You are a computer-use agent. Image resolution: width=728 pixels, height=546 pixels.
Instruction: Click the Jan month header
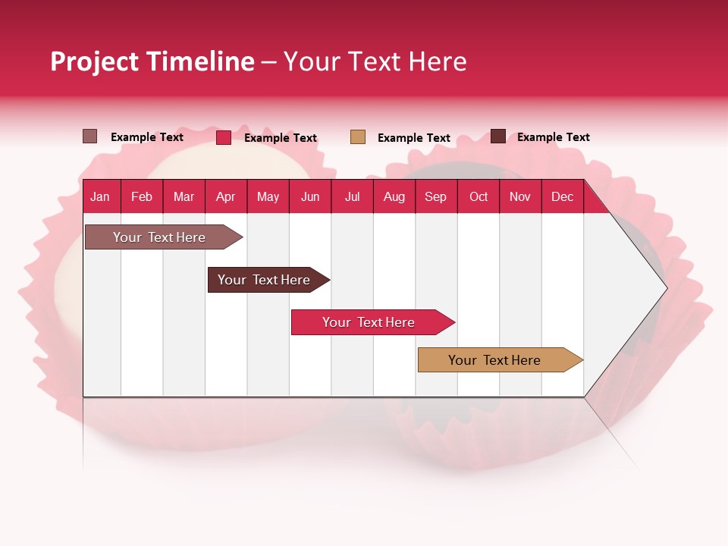tap(100, 197)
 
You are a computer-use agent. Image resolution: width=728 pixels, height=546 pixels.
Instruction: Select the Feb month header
tap(142, 197)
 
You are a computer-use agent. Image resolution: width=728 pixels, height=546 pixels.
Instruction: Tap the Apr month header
tap(226, 197)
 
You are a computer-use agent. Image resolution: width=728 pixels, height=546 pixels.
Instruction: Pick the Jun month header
tap(310, 197)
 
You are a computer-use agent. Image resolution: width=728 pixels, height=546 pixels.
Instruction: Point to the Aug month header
tap(394, 197)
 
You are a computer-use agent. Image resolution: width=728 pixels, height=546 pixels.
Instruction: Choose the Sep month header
tap(436, 197)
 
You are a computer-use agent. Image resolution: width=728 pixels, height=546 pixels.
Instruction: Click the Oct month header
tap(479, 197)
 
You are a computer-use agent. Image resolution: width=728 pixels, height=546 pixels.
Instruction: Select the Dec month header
tap(563, 197)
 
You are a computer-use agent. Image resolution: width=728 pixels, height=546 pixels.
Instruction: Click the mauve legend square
tap(90, 136)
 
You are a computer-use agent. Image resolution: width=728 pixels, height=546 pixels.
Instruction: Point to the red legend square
tap(224, 137)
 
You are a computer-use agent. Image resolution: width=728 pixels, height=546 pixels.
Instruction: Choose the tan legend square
tap(358, 137)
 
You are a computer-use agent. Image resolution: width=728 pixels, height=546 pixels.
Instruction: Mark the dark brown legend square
tap(498, 136)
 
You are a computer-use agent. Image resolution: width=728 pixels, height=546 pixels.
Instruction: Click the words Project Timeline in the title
tap(152, 61)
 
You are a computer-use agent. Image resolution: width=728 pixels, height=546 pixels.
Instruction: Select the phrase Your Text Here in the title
tap(375, 61)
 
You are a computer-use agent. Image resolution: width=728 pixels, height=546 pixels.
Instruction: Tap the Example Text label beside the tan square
tap(414, 138)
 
